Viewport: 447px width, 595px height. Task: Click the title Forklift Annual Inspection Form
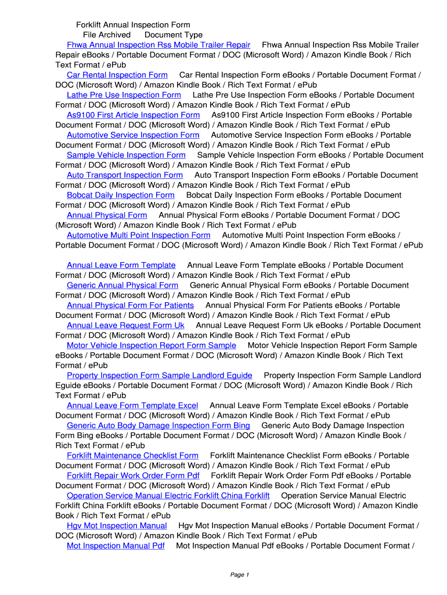click(x=133, y=25)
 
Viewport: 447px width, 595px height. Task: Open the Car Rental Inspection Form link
click(x=117, y=75)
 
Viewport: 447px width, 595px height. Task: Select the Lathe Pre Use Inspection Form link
click(x=124, y=95)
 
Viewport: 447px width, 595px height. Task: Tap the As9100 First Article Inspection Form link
click(x=133, y=115)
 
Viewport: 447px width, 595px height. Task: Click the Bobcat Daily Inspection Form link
click(x=120, y=195)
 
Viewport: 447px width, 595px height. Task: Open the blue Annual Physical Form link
click(x=107, y=215)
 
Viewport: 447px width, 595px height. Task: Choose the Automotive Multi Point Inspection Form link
click(x=138, y=235)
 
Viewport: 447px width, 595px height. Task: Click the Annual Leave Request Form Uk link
click(x=125, y=325)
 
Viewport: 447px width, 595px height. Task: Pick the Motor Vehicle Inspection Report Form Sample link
click(x=151, y=345)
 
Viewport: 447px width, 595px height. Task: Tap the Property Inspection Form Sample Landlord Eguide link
click(x=159, y=375)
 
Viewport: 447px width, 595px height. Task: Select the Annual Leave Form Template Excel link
click(x=132, y=406)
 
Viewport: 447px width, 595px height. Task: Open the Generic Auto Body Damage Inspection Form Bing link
click(x=158, y=425)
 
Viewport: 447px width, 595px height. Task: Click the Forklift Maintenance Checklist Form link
click(x=132, y=456)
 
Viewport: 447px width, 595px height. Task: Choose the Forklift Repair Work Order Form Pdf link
click(x=133, y=475)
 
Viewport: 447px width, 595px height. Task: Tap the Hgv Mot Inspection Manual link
click(x=117, y=526)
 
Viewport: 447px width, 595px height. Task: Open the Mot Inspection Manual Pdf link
click(x=116, y=546)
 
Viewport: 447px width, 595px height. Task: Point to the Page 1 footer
click(x=239, y=575)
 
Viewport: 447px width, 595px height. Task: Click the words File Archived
click(x=107, y=35)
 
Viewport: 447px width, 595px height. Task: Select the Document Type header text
click(x=174, y=35)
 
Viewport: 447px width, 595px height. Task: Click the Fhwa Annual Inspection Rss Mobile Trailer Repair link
click(x=158, y=45)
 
